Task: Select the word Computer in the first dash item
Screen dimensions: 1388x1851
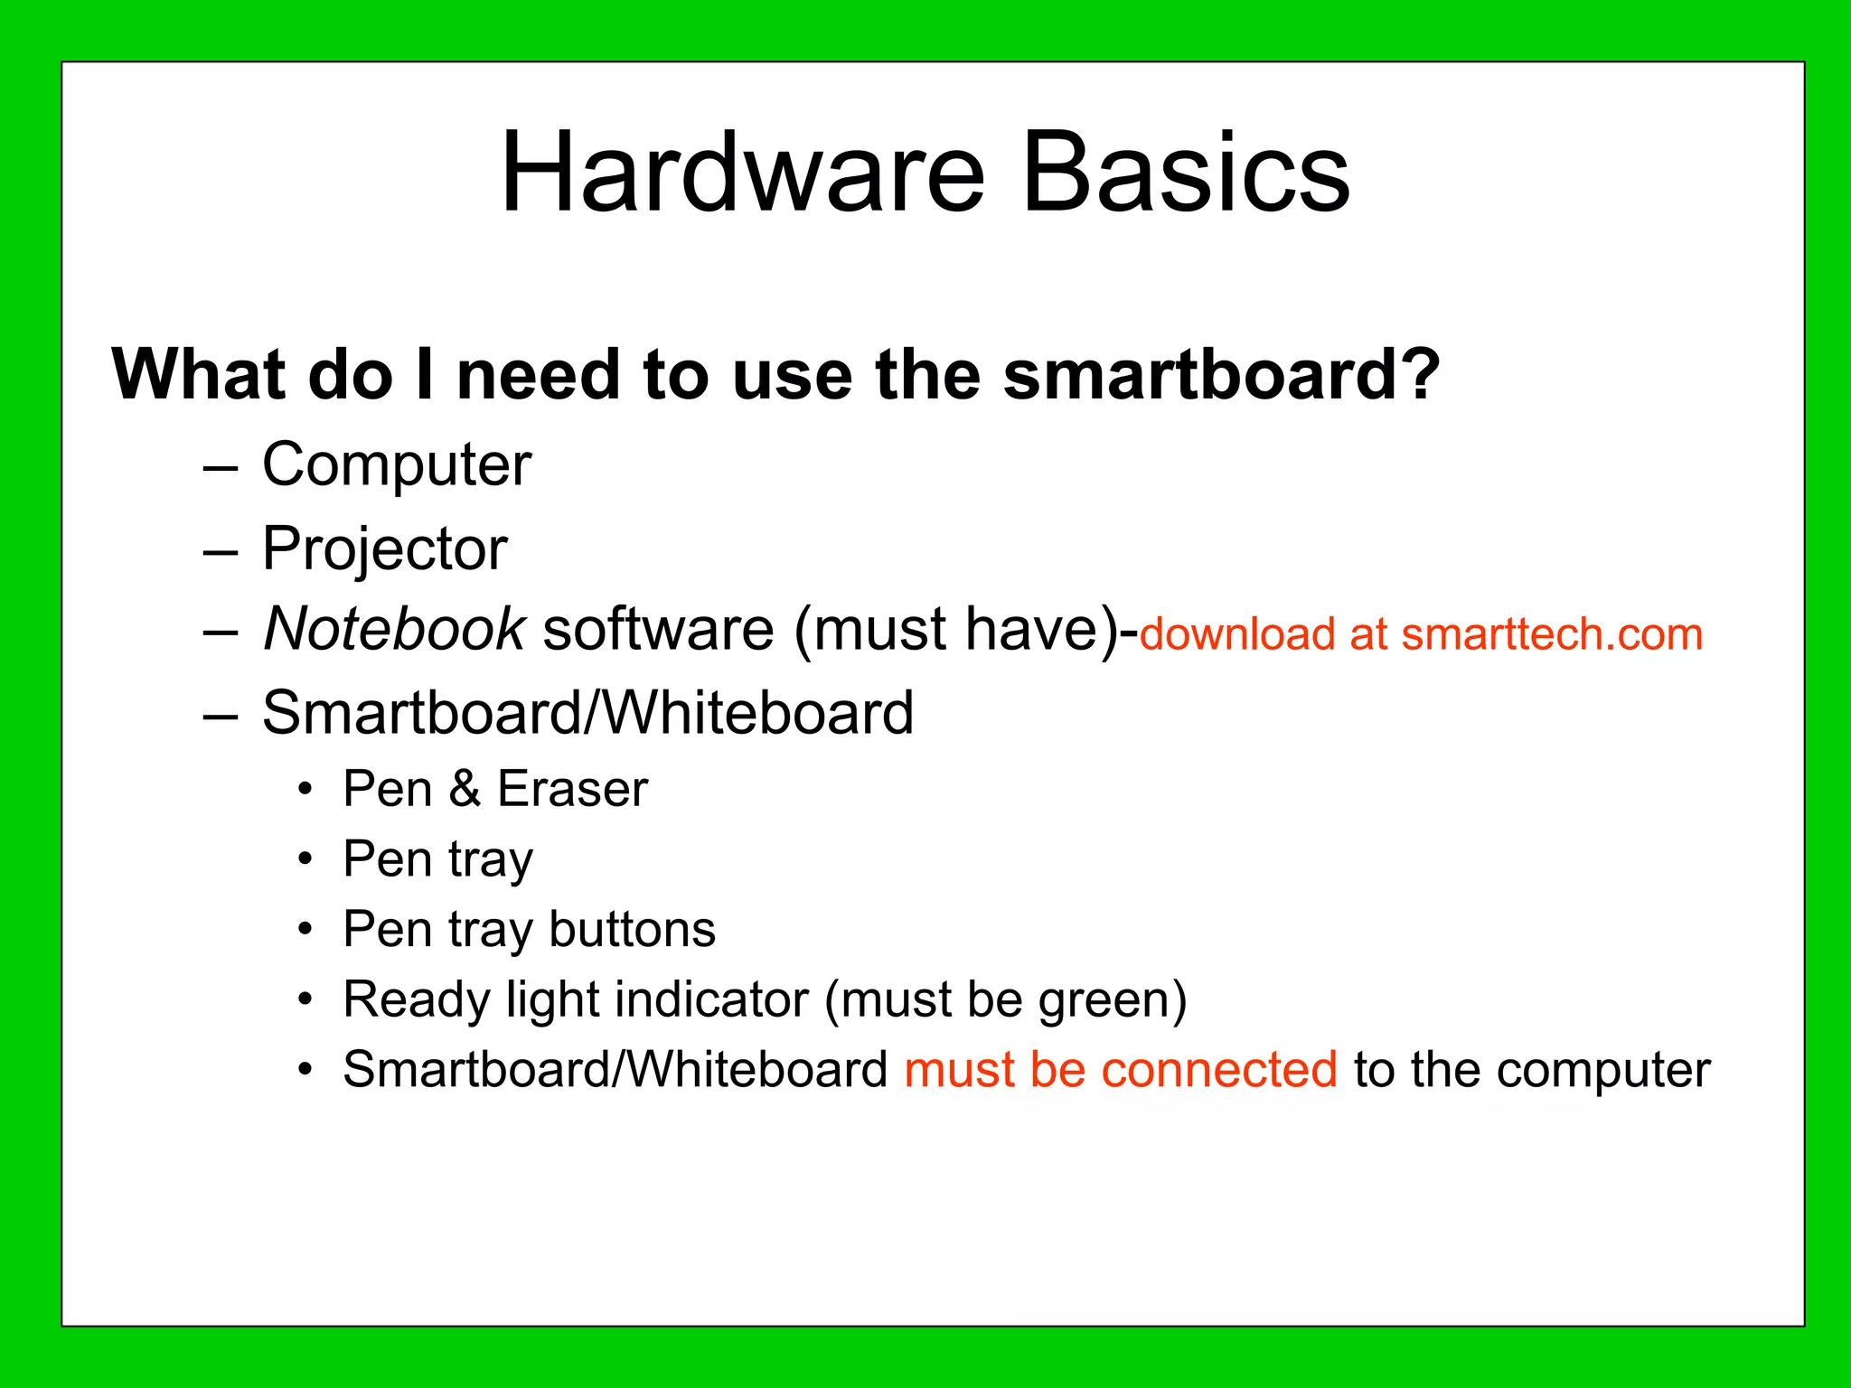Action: [x=396, y=466]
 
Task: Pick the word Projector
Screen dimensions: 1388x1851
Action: [x=384, y=549]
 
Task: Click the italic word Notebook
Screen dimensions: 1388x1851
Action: [x=393, y=629]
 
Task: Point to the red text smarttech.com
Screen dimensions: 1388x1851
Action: [x=1552, y=634]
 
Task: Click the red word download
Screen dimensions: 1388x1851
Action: [x=1237, y=634]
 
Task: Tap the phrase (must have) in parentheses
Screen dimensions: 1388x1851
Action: [x=957, y=630]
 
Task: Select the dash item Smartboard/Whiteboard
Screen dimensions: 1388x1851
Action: [x=587, y=714]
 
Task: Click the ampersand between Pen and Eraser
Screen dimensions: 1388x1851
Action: [x=465, y=789]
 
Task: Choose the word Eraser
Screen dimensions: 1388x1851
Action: [x=572, y=789]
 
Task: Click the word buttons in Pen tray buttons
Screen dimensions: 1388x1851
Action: [x=632, y=930]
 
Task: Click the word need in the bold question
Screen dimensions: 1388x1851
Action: [x=538, y=374]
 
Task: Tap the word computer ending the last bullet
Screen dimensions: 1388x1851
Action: [x=1602, y=1071]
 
